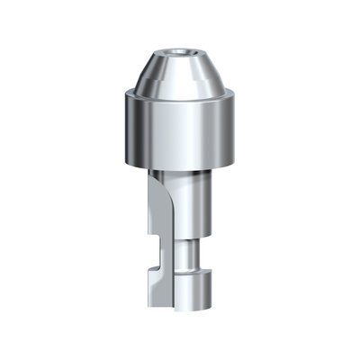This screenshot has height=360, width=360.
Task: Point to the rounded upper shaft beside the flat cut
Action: click(x=193, y=207)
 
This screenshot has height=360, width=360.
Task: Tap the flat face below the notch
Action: click(x=157, y=292)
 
